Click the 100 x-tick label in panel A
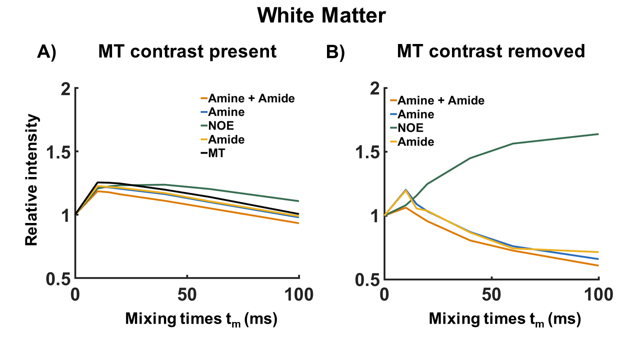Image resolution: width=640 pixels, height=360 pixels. (298, 294)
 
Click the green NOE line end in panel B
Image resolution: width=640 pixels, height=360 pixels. (598, 134)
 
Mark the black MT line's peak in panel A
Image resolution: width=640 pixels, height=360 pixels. (97, 182)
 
